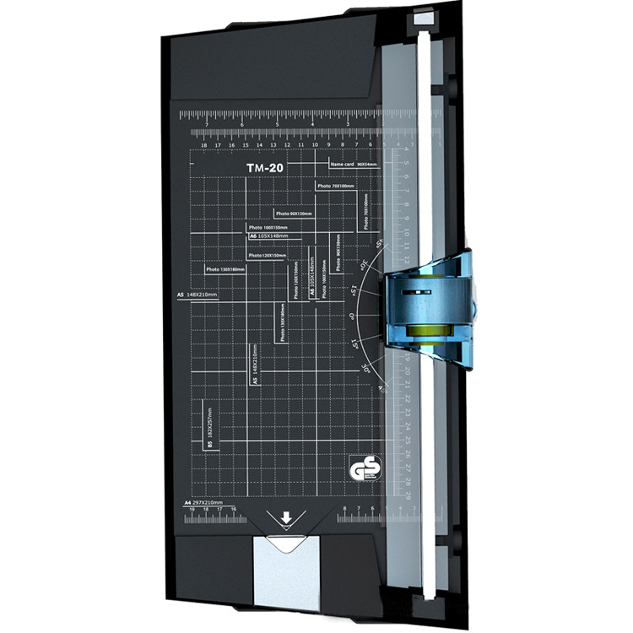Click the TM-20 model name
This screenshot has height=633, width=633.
264,168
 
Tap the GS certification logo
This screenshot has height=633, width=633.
360,468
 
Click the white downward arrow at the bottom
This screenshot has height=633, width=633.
287,517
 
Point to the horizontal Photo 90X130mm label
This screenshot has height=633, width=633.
294,214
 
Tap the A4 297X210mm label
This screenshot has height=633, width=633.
202,502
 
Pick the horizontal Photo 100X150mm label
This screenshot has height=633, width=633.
268,227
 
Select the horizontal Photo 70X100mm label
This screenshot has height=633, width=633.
335,186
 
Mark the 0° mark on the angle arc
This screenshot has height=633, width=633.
352,316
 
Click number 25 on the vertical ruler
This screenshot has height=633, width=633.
408,440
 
